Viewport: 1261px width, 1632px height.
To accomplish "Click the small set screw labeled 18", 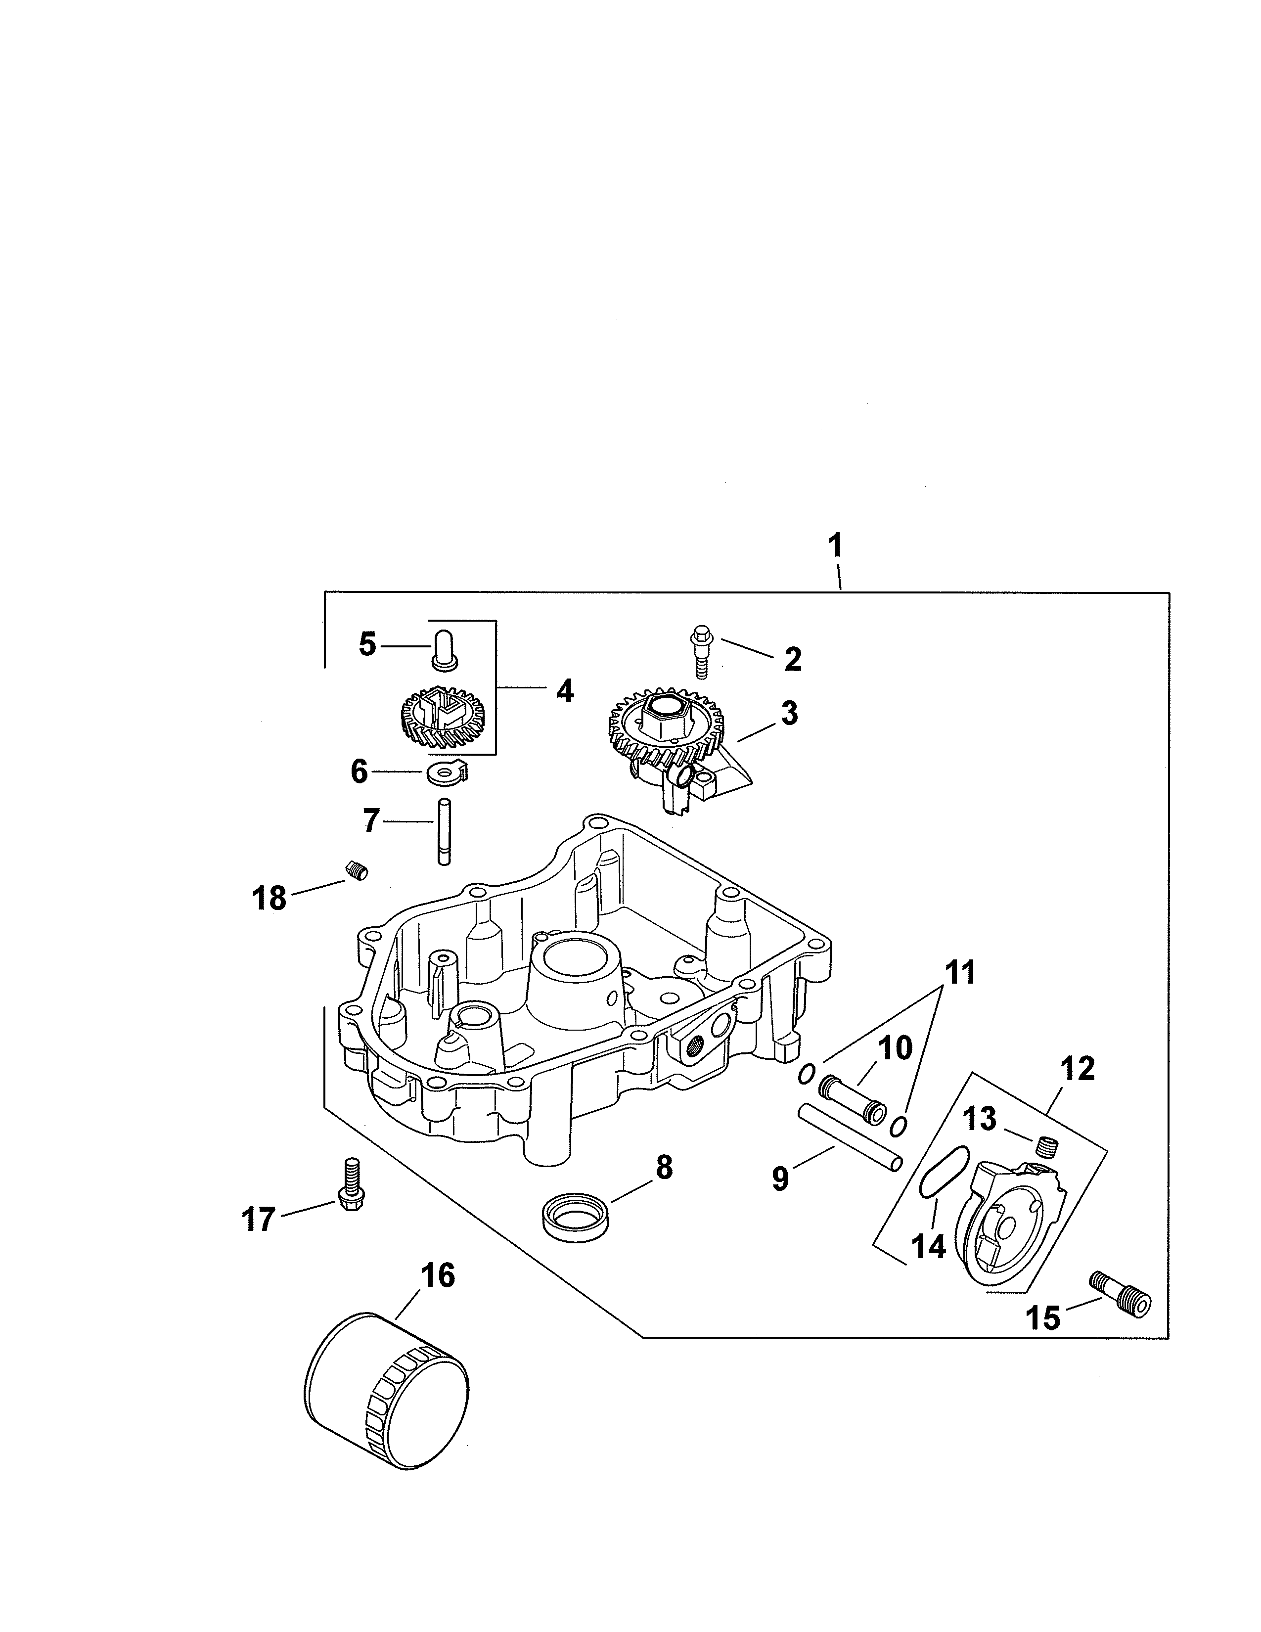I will (355, 870).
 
